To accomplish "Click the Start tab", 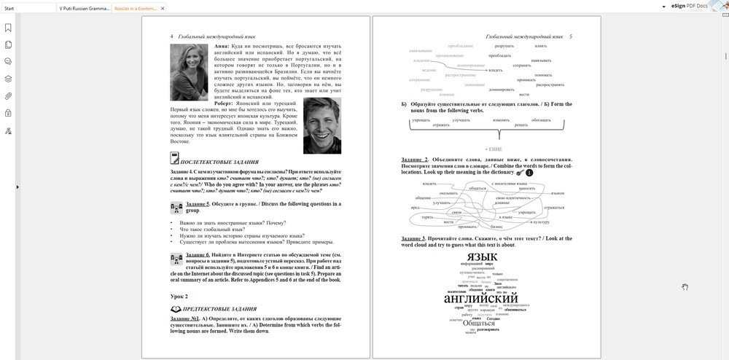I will [9, 7].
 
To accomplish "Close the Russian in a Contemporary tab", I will [163, 7].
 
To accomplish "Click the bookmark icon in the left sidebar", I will [8, 28].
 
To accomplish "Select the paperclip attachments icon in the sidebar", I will [8, 96].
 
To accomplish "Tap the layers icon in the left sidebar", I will [8, 79].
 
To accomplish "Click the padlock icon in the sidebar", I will [8, 113].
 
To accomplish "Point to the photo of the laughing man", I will [321, 126].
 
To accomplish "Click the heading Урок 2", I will [179, 297].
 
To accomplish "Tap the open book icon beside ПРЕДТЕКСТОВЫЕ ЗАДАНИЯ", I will [175, 310].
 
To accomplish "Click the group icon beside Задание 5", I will [176, 208].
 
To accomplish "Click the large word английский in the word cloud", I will [480, 299].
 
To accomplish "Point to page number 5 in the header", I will [570, 36].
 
